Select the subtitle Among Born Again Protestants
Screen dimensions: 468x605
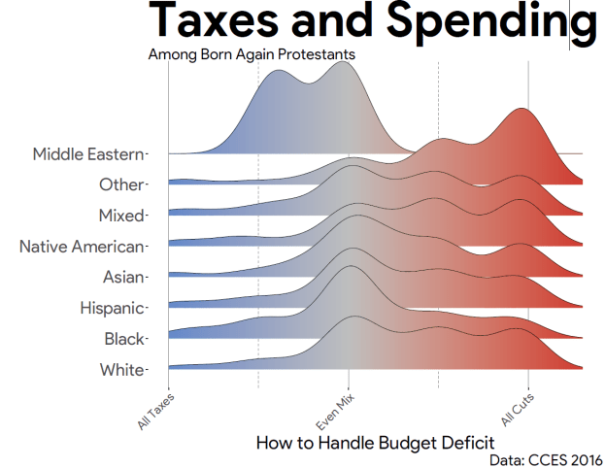pos(251,53)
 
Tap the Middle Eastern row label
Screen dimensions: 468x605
pos(88,153)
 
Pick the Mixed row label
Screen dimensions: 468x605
pos(121,215)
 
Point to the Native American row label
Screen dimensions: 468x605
pos(83,247)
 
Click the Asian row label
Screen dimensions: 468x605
pos(124,277)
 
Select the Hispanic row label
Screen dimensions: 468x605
pos(113,308)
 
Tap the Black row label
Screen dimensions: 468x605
pos(125,339)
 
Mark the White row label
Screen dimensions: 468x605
pos(122,370)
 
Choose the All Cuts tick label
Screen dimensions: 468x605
pos(517,408)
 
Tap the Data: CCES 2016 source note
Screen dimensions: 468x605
pos(547,459)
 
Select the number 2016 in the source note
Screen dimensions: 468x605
pos(584,459)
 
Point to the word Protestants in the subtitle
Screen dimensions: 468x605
pos(316,53)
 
